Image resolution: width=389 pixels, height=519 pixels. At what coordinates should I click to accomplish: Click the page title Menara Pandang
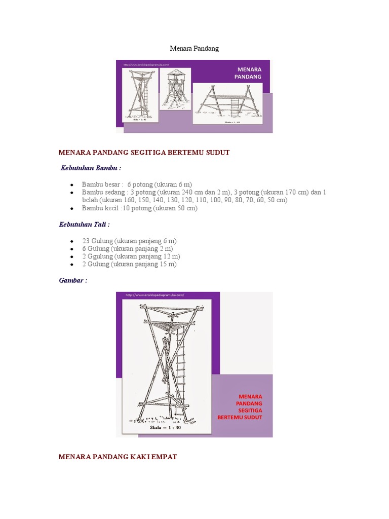[x=194, y=48]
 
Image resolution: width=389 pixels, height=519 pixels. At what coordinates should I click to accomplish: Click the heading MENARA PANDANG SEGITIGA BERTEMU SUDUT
[x=144, y=153]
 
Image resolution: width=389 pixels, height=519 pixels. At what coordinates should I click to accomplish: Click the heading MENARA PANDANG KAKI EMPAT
[x=118, y=457]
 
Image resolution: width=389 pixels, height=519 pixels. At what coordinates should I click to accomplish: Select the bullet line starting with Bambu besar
[x=137, y=184]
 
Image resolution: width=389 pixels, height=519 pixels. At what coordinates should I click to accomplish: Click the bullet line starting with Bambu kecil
[x=139, y=208]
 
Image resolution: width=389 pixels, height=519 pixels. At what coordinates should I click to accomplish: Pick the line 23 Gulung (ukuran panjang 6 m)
[x=129, y=241]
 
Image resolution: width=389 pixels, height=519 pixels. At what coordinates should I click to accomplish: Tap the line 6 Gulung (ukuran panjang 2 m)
[x=127, y=249]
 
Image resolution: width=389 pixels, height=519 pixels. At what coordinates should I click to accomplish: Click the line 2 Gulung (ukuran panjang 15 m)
[x=129, y=265]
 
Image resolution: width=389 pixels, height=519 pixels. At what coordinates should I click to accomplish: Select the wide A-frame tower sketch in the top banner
[x=227, y=103]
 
